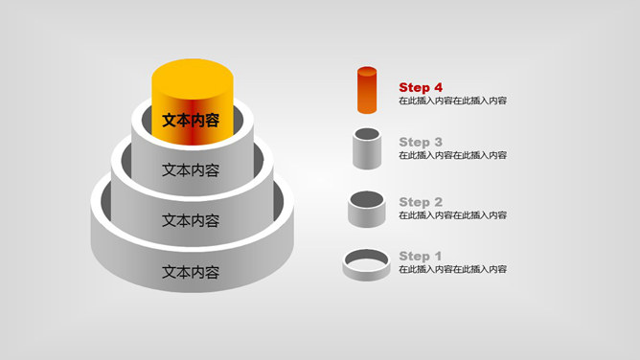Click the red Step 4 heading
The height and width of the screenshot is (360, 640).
(421, 87)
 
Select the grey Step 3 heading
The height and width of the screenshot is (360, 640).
(421, 142)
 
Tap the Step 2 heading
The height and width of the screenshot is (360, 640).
(421, 202)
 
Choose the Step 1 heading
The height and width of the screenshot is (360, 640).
(421, 256)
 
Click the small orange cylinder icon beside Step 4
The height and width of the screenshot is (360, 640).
(367, 90)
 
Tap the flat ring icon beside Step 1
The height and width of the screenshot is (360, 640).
(366, 263)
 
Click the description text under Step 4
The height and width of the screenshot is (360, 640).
(452, 101)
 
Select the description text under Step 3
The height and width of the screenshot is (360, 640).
(452, 155)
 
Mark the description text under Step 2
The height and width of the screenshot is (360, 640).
(452, 215)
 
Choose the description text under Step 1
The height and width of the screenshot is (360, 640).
(452, 269)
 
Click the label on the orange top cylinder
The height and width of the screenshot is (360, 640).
(191, 121)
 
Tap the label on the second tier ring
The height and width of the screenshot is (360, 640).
(191, 169)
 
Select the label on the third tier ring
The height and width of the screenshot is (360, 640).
(191, 220)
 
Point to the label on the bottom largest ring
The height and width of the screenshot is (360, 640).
(191, 272)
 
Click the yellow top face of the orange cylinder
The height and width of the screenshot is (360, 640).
(193, 75)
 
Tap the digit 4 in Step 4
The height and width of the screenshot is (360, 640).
(438, 87)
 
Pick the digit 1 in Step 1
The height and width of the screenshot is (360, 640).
(438, 256)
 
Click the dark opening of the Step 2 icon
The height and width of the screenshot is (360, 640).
(367, 198)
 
